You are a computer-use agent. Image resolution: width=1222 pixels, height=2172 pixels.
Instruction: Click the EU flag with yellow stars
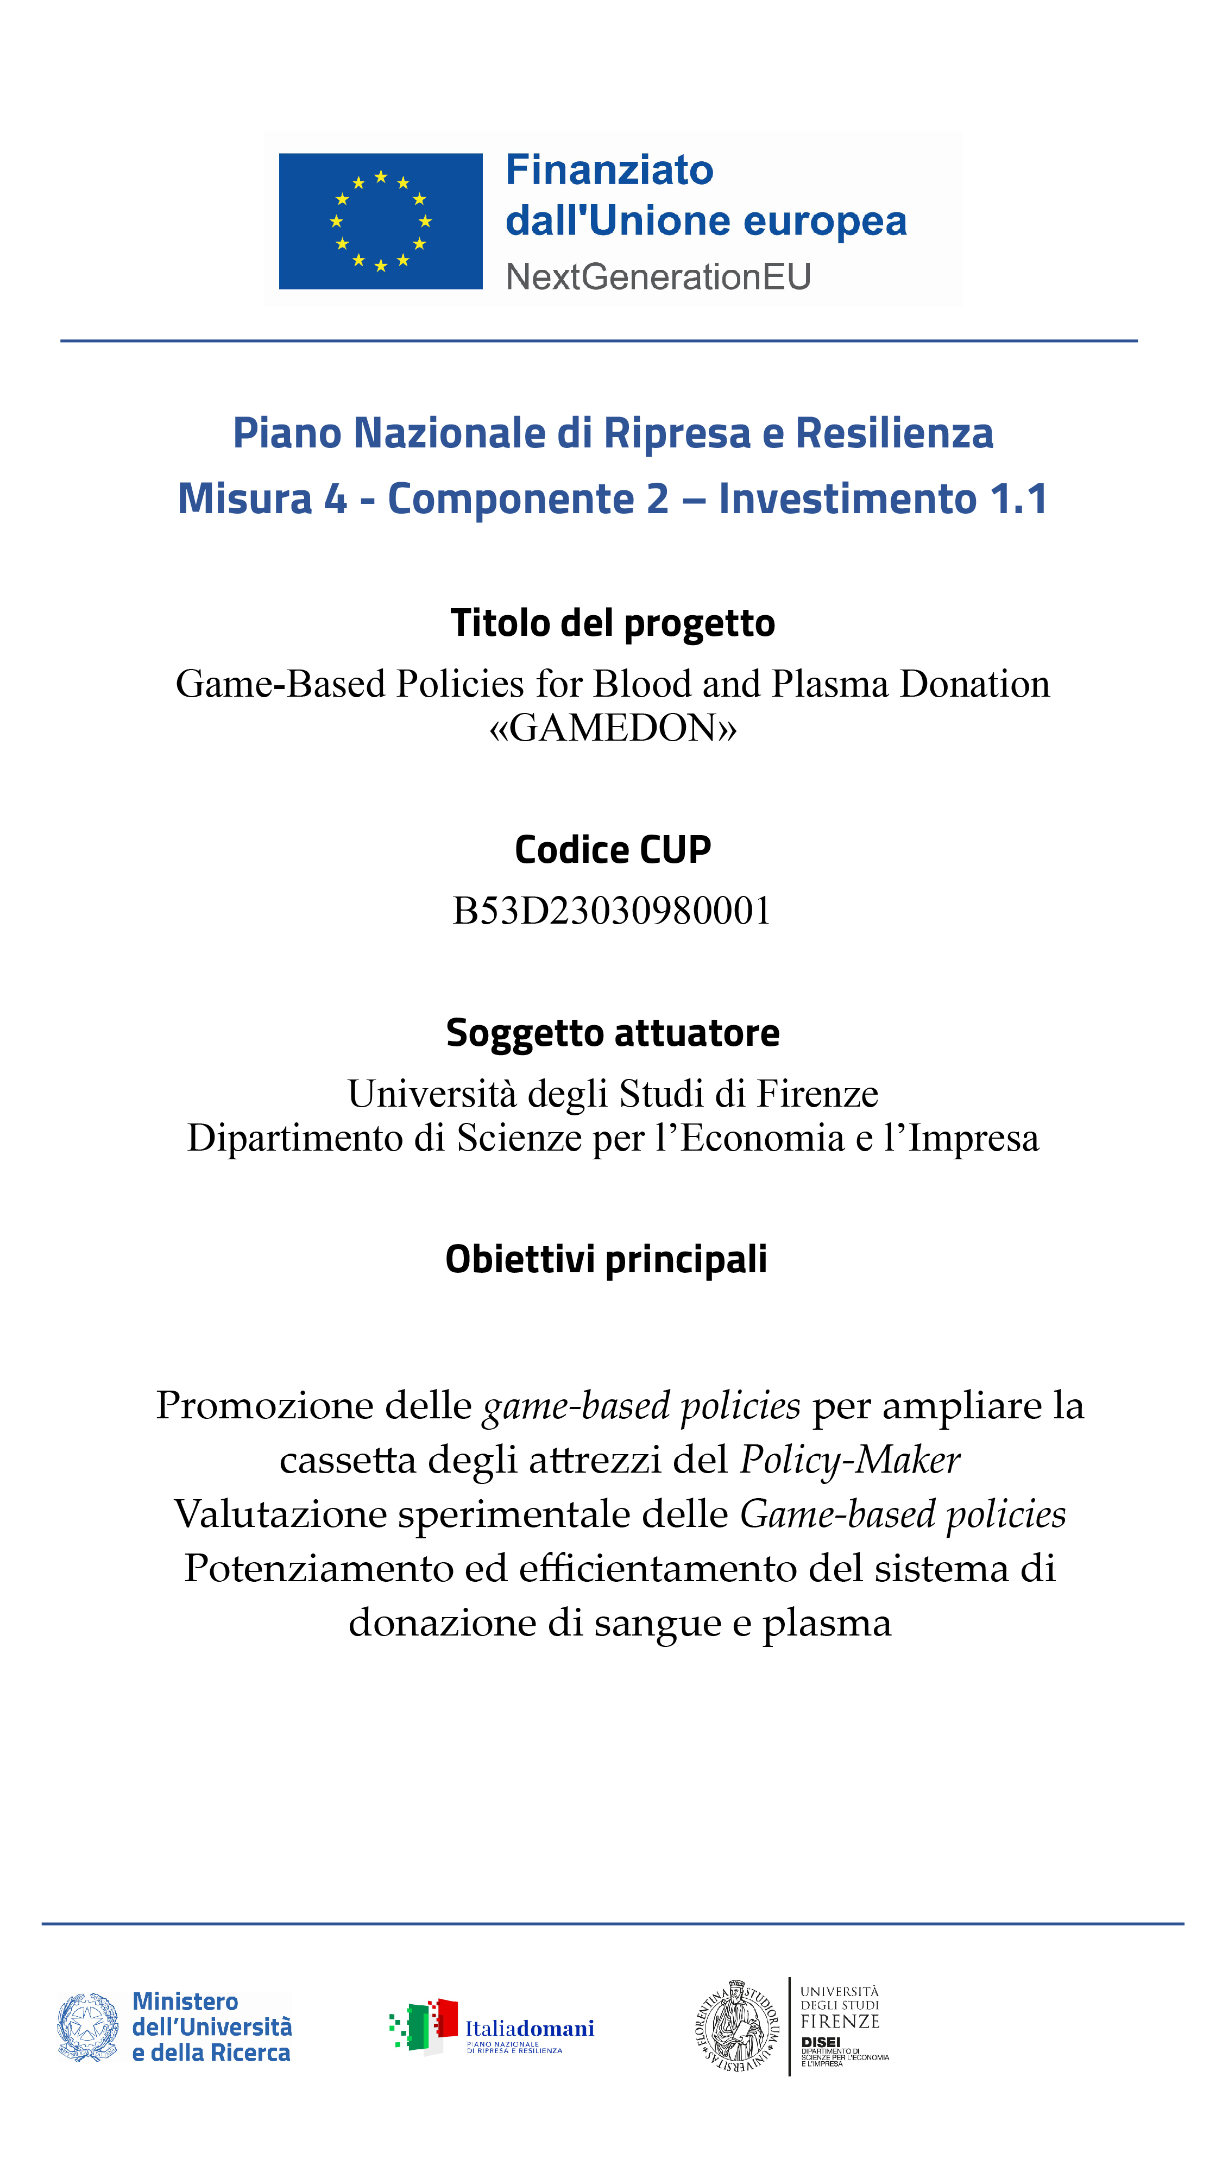(x=380, y=221)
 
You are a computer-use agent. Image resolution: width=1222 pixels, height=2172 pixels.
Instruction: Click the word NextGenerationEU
(x=658, y=276)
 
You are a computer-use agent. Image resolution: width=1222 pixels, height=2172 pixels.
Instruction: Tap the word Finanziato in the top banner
(x=609, y=171)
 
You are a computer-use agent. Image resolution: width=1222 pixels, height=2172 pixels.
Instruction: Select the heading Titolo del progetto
(x=612, y=623)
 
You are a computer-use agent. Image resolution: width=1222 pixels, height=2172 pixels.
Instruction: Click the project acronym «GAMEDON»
(x=612, y=727)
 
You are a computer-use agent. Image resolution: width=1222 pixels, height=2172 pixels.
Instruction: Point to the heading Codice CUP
(x=612, y=849)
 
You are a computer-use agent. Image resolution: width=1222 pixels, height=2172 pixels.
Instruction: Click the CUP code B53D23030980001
(x=612, y=911)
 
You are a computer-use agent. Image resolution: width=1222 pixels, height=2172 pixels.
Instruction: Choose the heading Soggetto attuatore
(x=612, y=1033)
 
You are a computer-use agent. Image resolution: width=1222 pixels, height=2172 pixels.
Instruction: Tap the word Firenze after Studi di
(x=816, y=1094)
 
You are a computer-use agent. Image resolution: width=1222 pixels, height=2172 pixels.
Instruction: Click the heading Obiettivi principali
(x=606, y=1259)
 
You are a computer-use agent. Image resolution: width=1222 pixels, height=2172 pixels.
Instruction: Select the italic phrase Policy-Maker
(x=849, y=1460)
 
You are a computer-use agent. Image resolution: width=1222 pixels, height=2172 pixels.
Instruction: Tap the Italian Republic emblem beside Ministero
(x=87, y=2027)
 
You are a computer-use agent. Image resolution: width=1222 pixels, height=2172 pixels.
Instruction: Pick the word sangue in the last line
(x=657, y=1623)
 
